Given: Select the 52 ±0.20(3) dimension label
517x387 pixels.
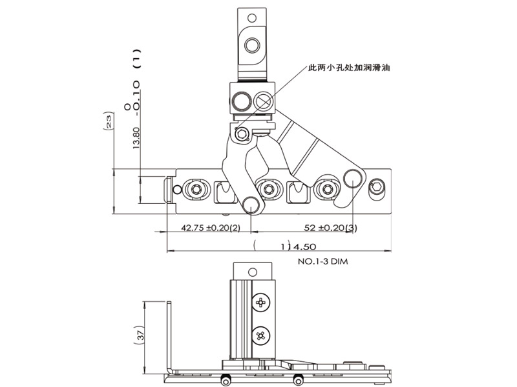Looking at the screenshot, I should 326,228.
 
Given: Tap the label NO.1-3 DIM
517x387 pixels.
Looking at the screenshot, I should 324,263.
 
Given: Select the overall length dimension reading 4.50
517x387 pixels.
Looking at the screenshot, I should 300,246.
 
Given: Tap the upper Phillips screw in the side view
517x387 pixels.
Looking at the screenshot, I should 262,301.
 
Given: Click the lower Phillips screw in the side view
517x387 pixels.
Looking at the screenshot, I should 262,335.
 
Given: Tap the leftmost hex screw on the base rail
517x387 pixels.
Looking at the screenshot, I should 195,189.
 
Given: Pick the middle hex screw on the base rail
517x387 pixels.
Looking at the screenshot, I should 266,189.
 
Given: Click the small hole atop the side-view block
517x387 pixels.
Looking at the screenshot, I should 252,272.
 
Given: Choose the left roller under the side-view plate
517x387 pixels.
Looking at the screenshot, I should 227,379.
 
